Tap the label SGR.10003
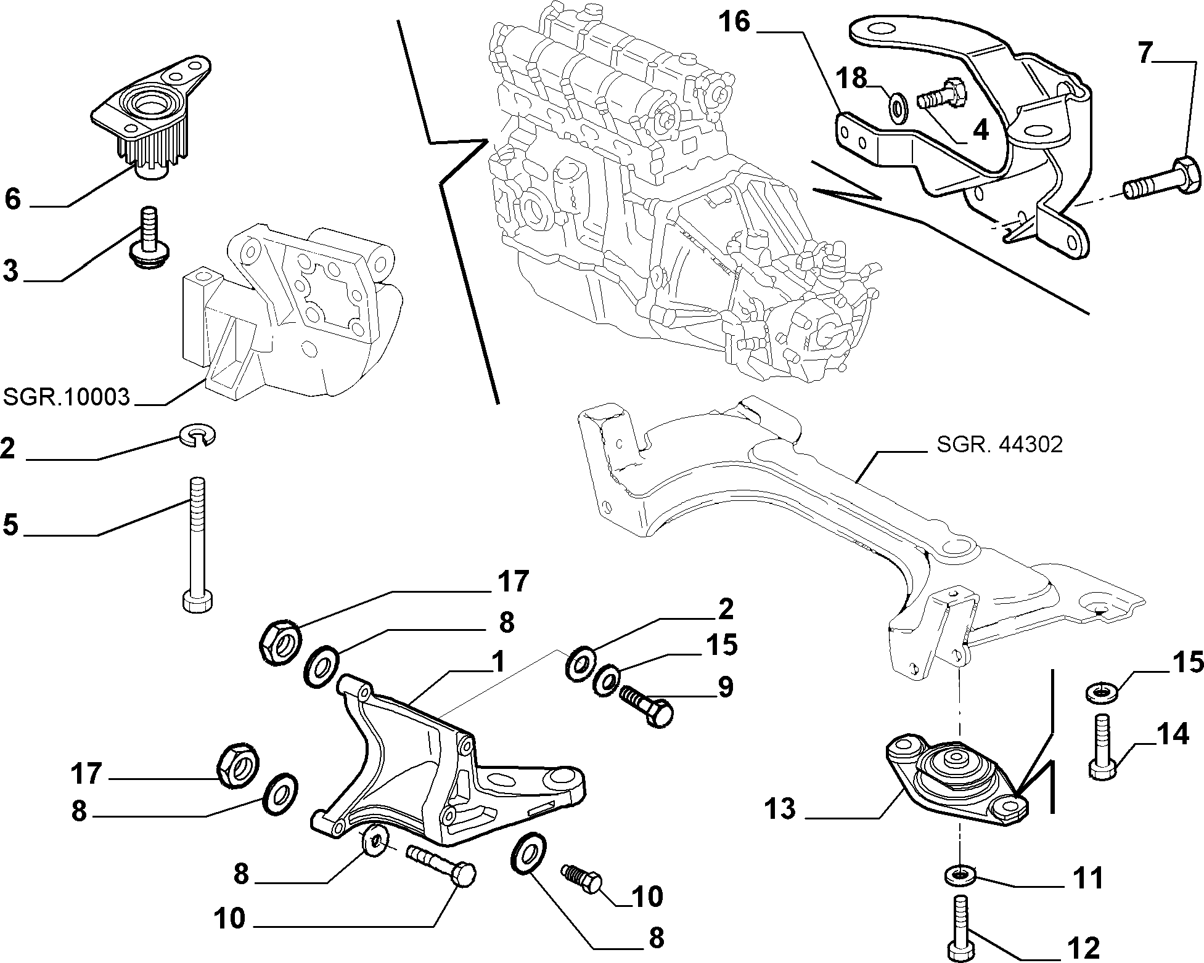click(x=67, y=397)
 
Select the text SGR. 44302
click(x=999, y=444)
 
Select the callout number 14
click(x=1171, y=734)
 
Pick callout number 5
click(x=11, y=525)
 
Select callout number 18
click(x=851, y=79)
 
